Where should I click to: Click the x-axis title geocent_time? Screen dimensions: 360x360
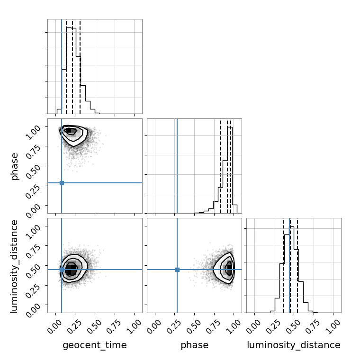point(95,345)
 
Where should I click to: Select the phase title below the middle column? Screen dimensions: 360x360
point(195,345)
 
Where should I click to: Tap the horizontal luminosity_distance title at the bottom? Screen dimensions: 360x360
point(294,345)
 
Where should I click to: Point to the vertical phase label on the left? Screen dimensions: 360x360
point(14,167)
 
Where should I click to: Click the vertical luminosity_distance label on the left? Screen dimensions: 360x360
point(14,266)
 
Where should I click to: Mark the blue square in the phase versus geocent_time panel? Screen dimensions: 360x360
point(62,183)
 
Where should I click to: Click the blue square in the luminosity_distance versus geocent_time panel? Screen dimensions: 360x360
point(62,270)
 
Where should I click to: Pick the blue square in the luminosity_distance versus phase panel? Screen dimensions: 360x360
point(177,270)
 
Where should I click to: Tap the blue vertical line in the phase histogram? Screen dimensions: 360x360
point(177,166)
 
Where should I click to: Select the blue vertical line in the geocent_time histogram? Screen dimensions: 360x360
point(62,66)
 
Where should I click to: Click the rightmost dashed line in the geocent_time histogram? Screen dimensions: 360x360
point(80,67)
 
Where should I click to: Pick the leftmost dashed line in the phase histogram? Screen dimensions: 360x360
point(220,167)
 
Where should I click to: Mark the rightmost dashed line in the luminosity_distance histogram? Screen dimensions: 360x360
point(297,266)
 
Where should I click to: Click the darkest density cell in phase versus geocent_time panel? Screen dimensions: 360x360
point(69,130)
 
